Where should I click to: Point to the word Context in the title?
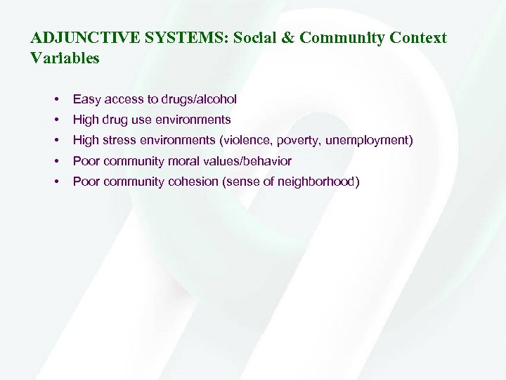pos(418,38)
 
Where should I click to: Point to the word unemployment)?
pos(369,141)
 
